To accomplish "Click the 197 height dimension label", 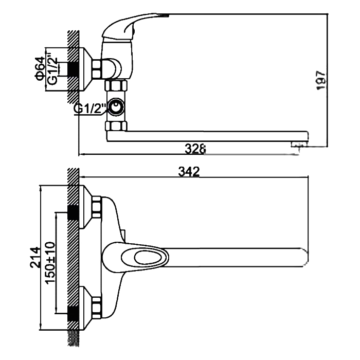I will (321, 80).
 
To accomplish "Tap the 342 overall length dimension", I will (189, 172).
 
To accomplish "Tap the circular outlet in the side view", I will (116, 107).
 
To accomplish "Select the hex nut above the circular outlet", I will (116, 86).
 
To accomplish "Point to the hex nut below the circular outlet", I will (116, 126).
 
